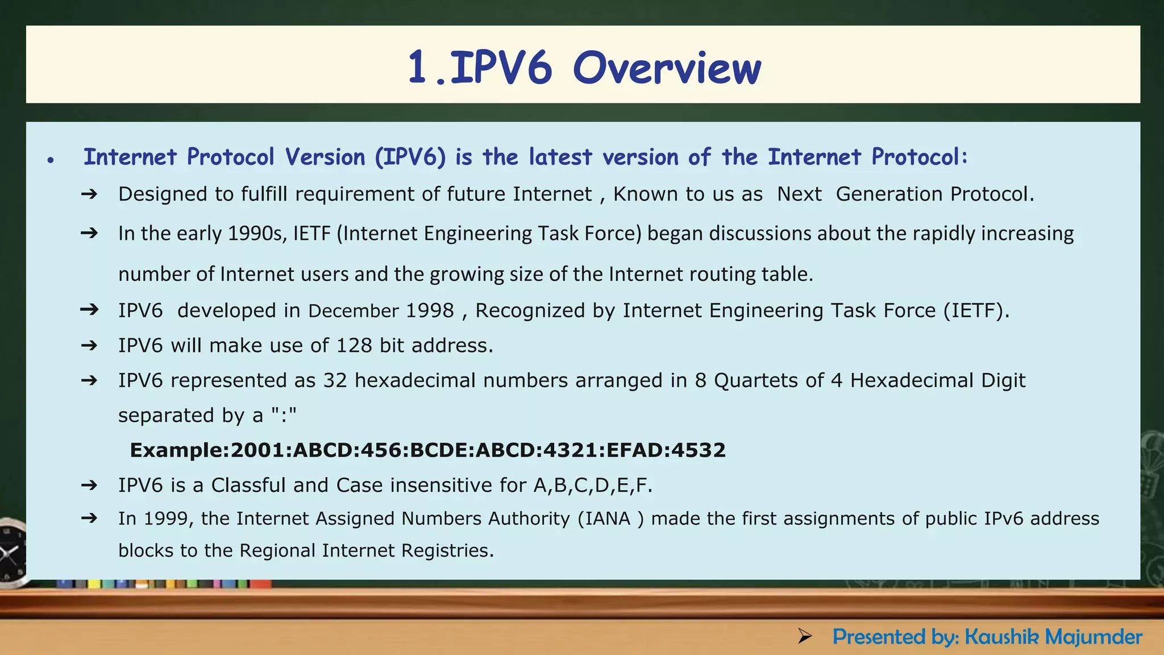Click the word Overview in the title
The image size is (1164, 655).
pos(666,68)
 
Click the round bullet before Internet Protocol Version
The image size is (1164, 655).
pos(51,161)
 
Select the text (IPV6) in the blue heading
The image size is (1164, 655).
pos(410,157)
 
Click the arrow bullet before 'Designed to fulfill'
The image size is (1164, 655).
pos(89,194)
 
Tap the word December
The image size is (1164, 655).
pos(354,311)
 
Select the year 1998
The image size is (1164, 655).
pos(430,311)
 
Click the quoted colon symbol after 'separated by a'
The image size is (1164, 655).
pos(284,415)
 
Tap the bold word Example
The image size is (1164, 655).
pos(178,450)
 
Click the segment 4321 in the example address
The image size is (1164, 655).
pos(571,450)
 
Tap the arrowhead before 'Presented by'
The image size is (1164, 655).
pos(804,636)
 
